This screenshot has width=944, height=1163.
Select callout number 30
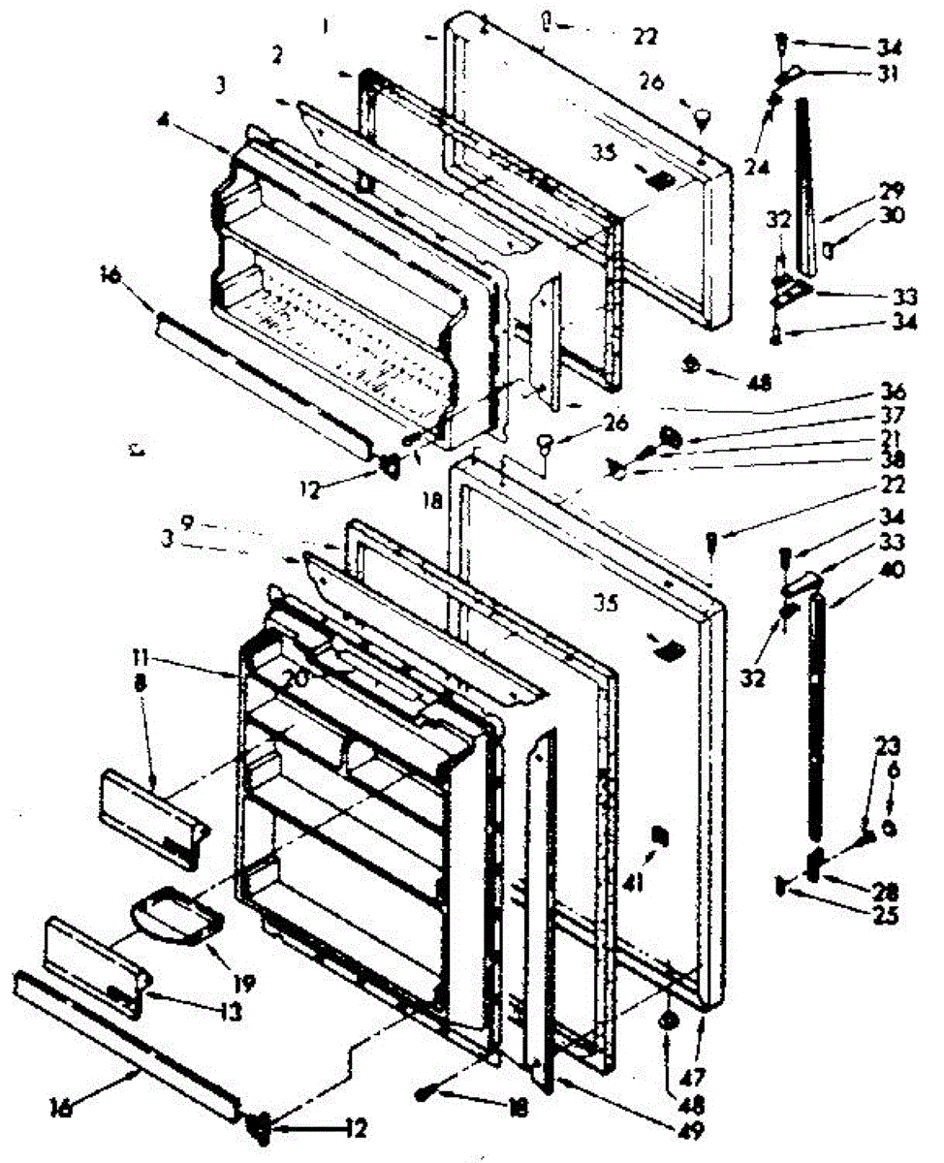point(891,217)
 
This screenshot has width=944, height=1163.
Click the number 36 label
point(892,393)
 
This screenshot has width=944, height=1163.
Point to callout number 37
point(892,417)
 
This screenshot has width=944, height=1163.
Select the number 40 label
point(892,570)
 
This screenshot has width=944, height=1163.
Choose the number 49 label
point(692,1130)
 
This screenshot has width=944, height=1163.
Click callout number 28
point(884,888)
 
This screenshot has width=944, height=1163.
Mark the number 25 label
point(884,913)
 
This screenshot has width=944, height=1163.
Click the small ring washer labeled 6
point(888,829)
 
